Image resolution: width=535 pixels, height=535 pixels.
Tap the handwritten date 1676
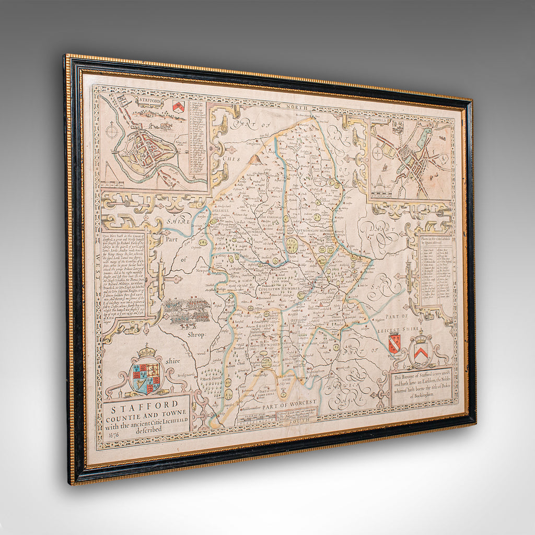[111, 434]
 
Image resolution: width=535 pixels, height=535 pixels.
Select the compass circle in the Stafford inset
[113, 131]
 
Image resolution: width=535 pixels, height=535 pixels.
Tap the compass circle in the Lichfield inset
[377, 153]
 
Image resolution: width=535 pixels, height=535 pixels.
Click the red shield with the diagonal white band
[394, 344]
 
